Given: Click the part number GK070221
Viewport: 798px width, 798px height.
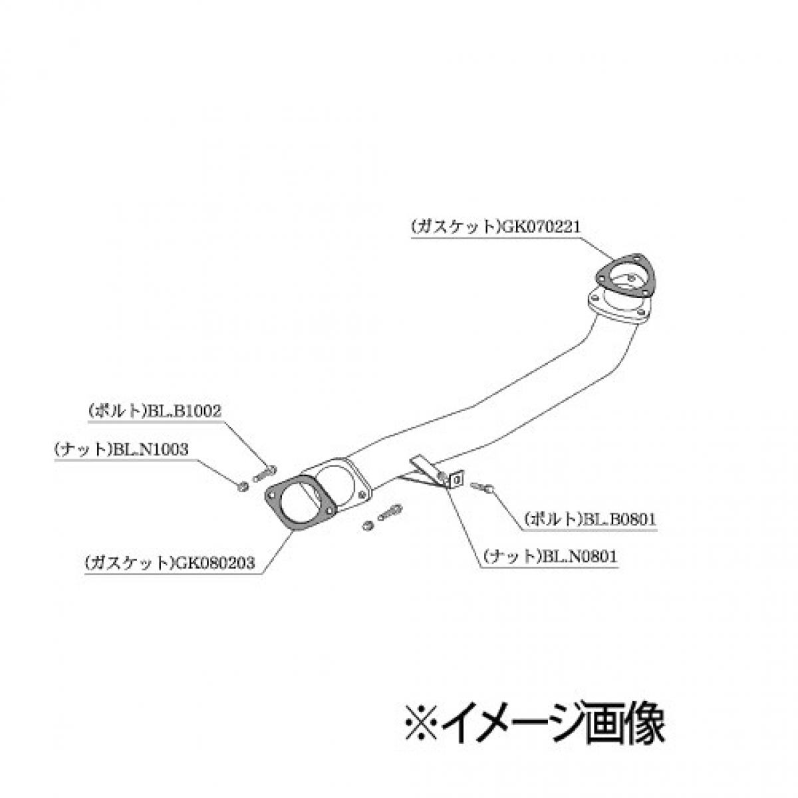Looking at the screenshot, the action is coord(541,227).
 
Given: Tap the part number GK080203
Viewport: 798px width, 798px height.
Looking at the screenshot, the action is coord(215,563).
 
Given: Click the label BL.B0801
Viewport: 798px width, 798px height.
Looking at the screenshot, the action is coord(619,519).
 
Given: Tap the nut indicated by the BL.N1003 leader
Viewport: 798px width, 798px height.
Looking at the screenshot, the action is coord(243,487).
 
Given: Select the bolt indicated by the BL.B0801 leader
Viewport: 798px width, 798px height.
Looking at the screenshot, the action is coord(482,487).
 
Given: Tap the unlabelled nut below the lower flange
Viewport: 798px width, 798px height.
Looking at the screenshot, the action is coord(367,526).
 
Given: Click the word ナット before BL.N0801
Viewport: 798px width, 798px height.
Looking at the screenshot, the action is coord(512,557).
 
